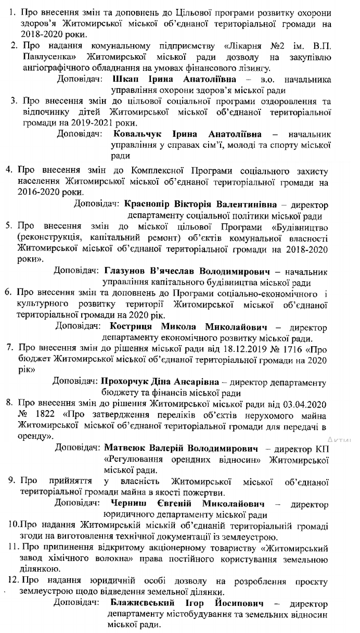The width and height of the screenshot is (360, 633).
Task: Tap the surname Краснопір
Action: pos(148,202)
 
